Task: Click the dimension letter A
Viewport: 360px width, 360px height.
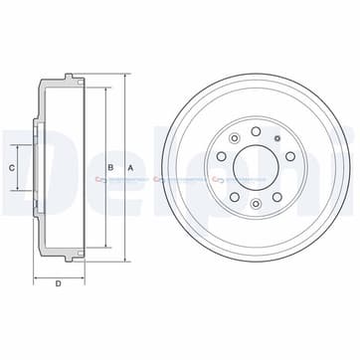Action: pyautogui.click(x=130, y=168)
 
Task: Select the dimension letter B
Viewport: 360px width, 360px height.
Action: pyautogui.click(x=110, y=167)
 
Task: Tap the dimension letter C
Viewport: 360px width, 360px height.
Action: pyautogui.click(x=12, y=168)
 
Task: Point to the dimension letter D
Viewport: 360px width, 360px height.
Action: pyautogui.click(x=59, y=283)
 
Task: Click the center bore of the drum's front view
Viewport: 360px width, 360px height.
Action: pyautogui.click(x=256, y=168)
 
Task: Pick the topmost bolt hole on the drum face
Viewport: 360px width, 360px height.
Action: pyautogui.click(x=256, y=131)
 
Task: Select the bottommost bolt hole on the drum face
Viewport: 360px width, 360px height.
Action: pyautogui.click(x=256, y=204)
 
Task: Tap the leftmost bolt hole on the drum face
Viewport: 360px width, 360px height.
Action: pyautogui.click(x=221, y=156)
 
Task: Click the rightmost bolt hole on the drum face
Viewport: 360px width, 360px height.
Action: pyautogui.click(x=290, y=156)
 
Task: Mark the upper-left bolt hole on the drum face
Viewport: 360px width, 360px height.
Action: pyautogui.click(x=235, y=138)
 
